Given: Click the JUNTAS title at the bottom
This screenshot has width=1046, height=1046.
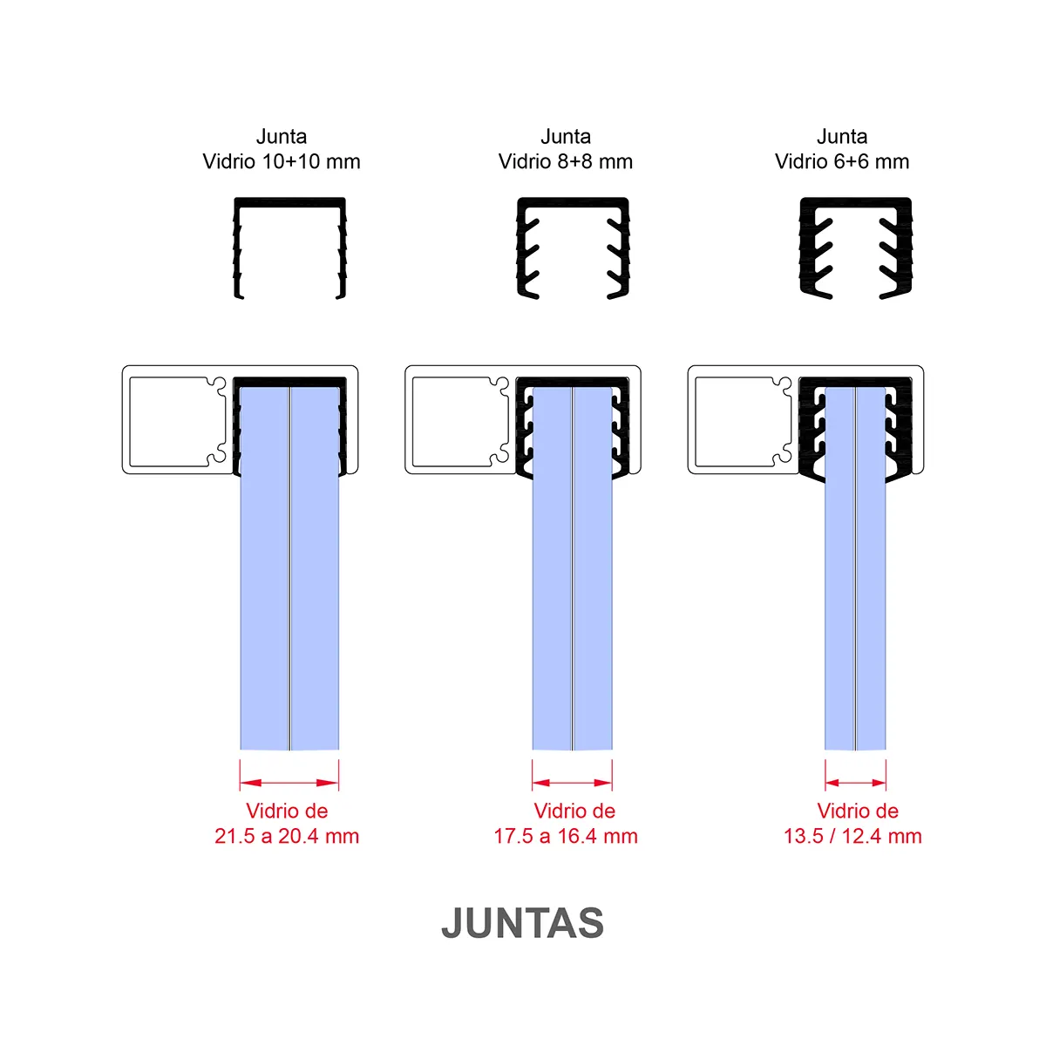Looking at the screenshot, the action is click(x=522, y=923).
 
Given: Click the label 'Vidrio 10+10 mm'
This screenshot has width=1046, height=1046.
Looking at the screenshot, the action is click(x=282, y=162).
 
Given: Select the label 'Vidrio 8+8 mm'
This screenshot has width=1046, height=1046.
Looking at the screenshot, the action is click(x=565, y=162).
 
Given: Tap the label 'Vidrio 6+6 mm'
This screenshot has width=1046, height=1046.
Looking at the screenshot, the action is click(x=841, y=162).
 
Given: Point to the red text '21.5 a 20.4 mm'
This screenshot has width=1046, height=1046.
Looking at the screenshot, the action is click(x=287, y=836).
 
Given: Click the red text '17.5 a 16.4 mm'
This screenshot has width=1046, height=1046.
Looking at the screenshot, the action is click(x=565, y=836).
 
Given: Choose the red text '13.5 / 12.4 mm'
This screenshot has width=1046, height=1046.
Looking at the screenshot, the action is click(x=852, y=836).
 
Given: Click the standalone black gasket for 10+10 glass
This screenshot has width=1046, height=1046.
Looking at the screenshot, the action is click(x=290, y=201).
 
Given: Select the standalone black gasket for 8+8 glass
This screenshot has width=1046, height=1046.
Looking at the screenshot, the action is click(x=574, y=202).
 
